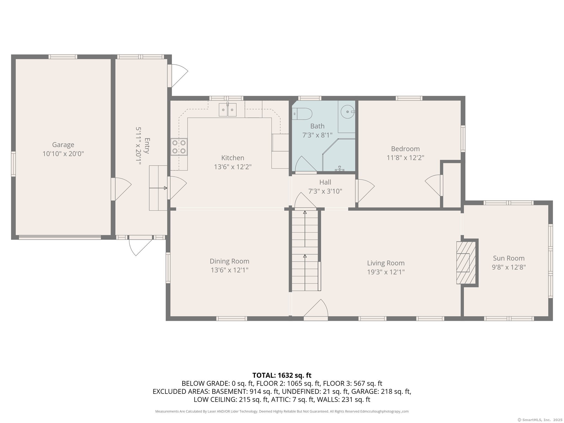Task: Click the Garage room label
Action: (x=63, y=145)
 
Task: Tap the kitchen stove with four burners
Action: (x=179, y=147)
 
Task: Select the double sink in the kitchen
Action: (x=228, y=110)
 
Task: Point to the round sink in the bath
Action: (x=348, y=112)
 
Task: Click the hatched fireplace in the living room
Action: (x=466, y=263)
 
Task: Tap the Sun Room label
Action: (x=509, y=258)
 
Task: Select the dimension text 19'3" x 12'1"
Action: (x=386, y=272)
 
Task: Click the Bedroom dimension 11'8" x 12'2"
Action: (x=405, y=158)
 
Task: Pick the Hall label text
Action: (x=325, y=182)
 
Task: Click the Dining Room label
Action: (x=229, y=261)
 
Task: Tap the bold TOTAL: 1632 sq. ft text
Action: (x=282, y=375)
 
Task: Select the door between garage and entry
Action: (x=121, y=189)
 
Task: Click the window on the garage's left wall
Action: (x=13, y=164)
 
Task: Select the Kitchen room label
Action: (x=233, y=158)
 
